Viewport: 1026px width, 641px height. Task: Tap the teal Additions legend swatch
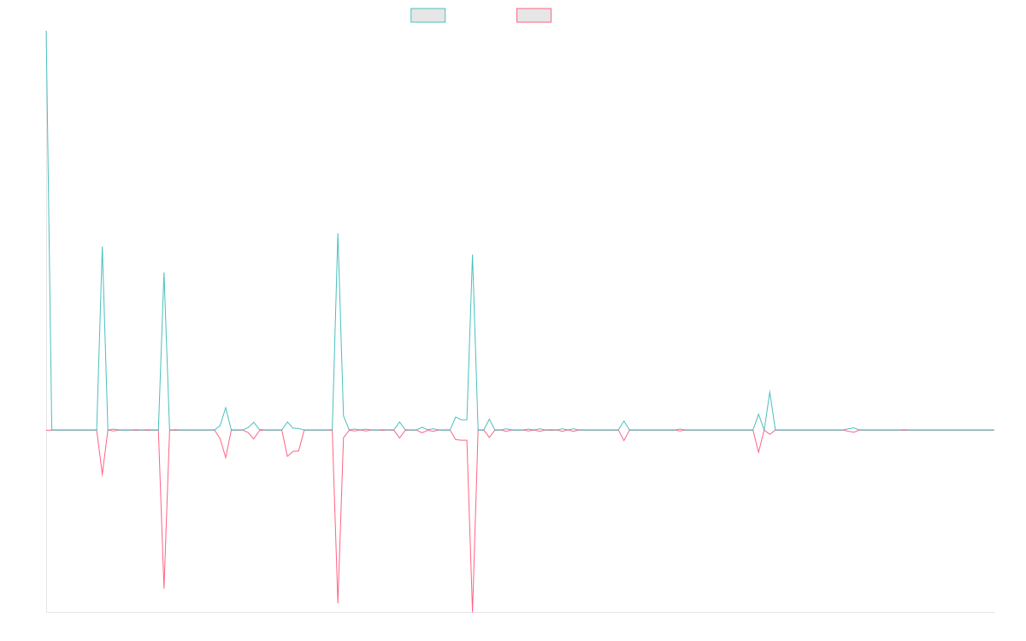pyautogui.click(x=428, y=15)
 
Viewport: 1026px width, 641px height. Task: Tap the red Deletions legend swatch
pyautogui.click(x=534, y=15)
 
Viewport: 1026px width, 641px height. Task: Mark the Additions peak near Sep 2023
pyautogui.click(x=338, y=232)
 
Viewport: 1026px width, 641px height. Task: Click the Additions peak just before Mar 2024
pyautogui.click(x=472, y=255)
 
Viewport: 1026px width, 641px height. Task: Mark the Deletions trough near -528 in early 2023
pyautogui.click(x=164, y=588)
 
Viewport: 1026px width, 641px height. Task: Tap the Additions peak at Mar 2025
pyautogui.click(x=769, y=392)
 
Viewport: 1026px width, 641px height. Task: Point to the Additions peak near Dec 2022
pyautogui.click(x=103, y=247)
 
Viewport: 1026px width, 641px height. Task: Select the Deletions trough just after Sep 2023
pyautogui.click(x=338, y=603)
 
